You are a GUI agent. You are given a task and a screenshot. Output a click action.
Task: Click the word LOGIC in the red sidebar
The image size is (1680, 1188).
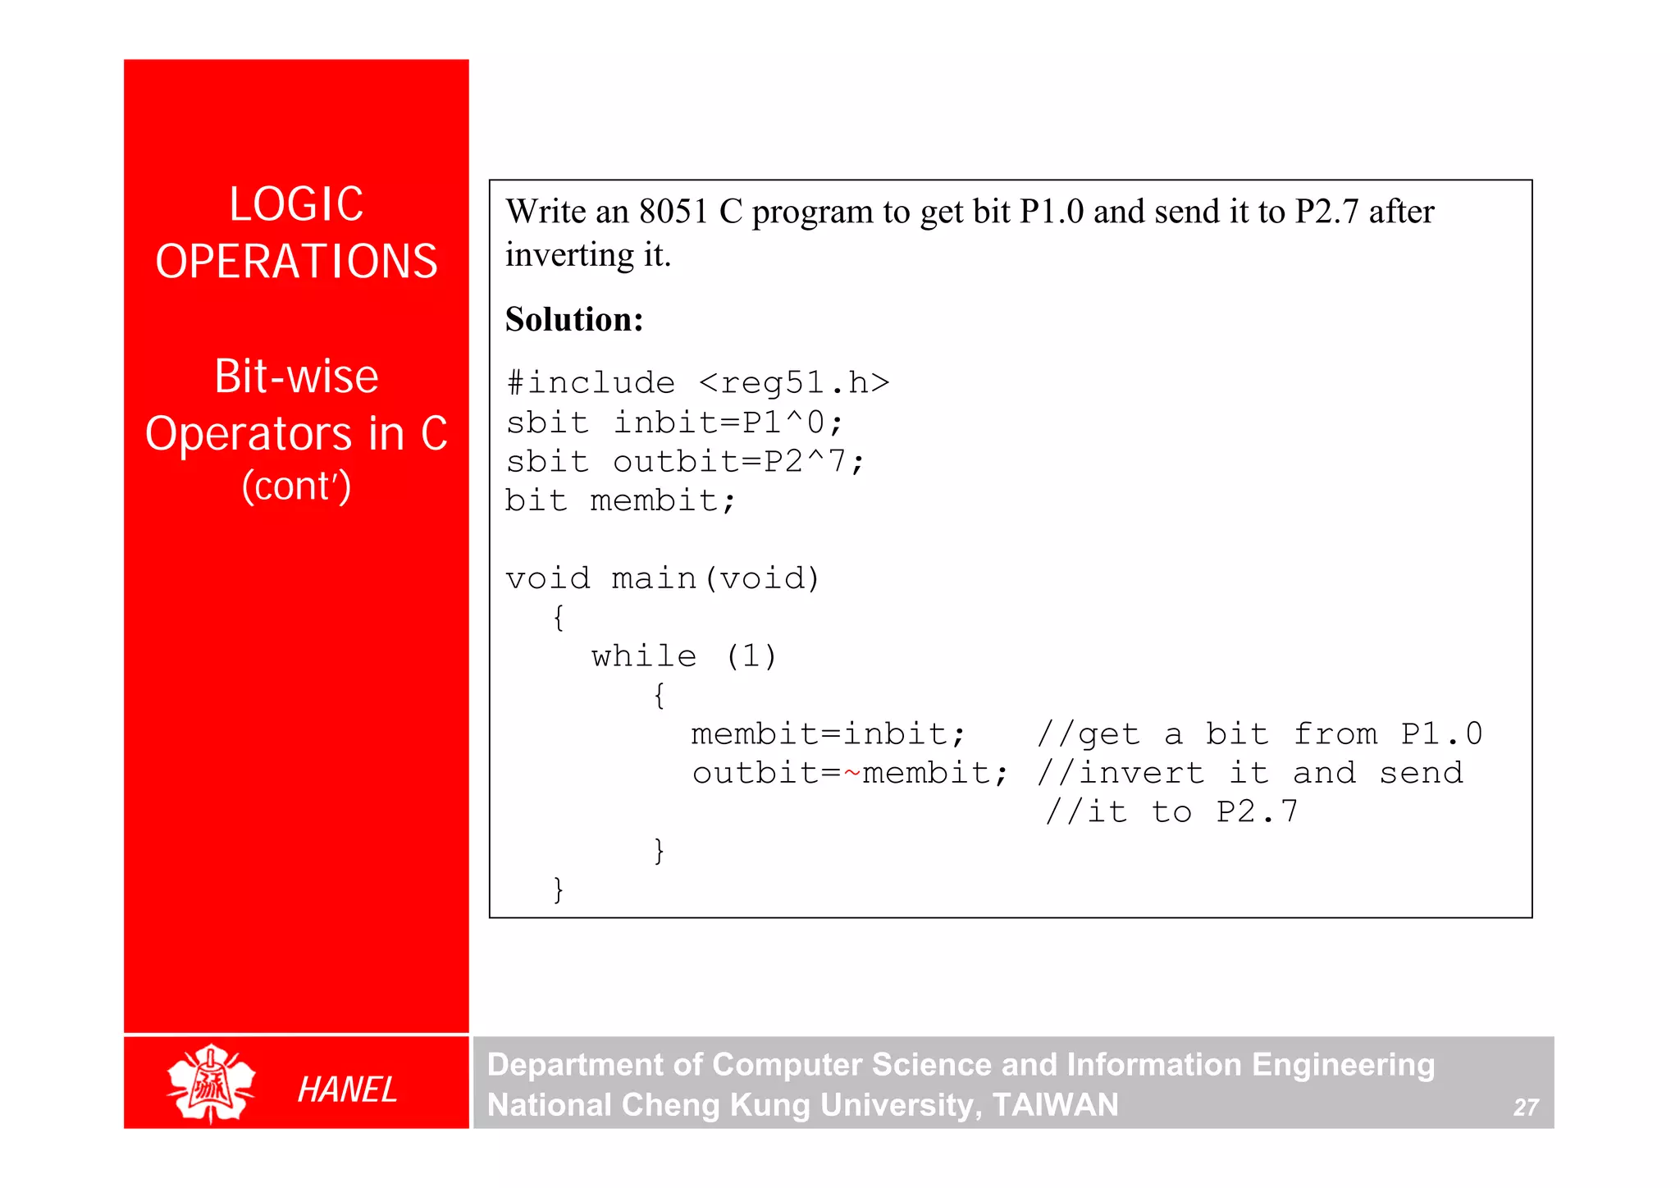[296, 204]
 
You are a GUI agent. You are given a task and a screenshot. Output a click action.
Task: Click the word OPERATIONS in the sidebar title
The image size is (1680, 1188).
[296, 262]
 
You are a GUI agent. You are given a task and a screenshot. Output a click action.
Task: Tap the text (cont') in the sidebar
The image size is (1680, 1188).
[296, 486]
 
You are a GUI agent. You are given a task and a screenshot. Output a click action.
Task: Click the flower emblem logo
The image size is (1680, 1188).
[211, 1082]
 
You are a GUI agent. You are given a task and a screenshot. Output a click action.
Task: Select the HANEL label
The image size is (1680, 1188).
[347, 1090]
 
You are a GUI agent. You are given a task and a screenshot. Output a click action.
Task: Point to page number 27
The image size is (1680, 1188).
[1525, 1108]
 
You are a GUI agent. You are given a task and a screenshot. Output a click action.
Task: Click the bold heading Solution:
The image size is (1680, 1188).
[574, 319]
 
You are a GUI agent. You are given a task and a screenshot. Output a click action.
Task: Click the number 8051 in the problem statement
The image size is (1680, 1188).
[673, 212]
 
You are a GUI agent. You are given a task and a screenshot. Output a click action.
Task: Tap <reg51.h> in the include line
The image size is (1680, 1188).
[793, 383]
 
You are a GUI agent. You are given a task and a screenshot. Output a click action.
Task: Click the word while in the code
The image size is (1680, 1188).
[644, 656]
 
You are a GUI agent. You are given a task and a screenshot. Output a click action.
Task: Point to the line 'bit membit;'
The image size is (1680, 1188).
[619, 500]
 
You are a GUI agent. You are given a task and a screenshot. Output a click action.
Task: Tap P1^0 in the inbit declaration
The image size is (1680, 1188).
[783, 423]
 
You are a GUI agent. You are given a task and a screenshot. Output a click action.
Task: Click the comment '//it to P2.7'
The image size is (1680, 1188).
[1171, 812]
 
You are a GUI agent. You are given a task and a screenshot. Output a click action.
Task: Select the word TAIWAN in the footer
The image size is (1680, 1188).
[1055, 1104]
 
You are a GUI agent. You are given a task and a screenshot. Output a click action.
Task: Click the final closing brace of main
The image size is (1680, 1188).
[558, 889]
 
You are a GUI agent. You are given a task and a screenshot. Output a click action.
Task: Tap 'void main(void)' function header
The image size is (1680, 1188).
[663, 578]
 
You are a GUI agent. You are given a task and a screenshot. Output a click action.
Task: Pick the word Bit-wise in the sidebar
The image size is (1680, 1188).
[296, 377]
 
